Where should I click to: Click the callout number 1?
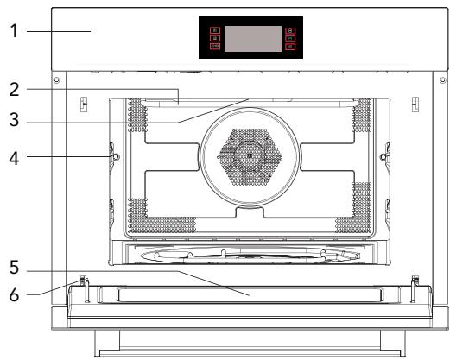click(14, 31)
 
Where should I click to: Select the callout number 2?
click(14, 90)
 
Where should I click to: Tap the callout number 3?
click(14, 120)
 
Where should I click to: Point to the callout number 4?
click(14, 159)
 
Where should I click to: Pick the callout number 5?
click(14, 268)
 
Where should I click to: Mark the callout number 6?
click(14, 295)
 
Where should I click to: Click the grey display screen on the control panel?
click(253, 39)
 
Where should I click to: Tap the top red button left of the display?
click(215, 30)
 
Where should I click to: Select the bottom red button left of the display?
click(215, 46)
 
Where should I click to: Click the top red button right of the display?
click(290, 31)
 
